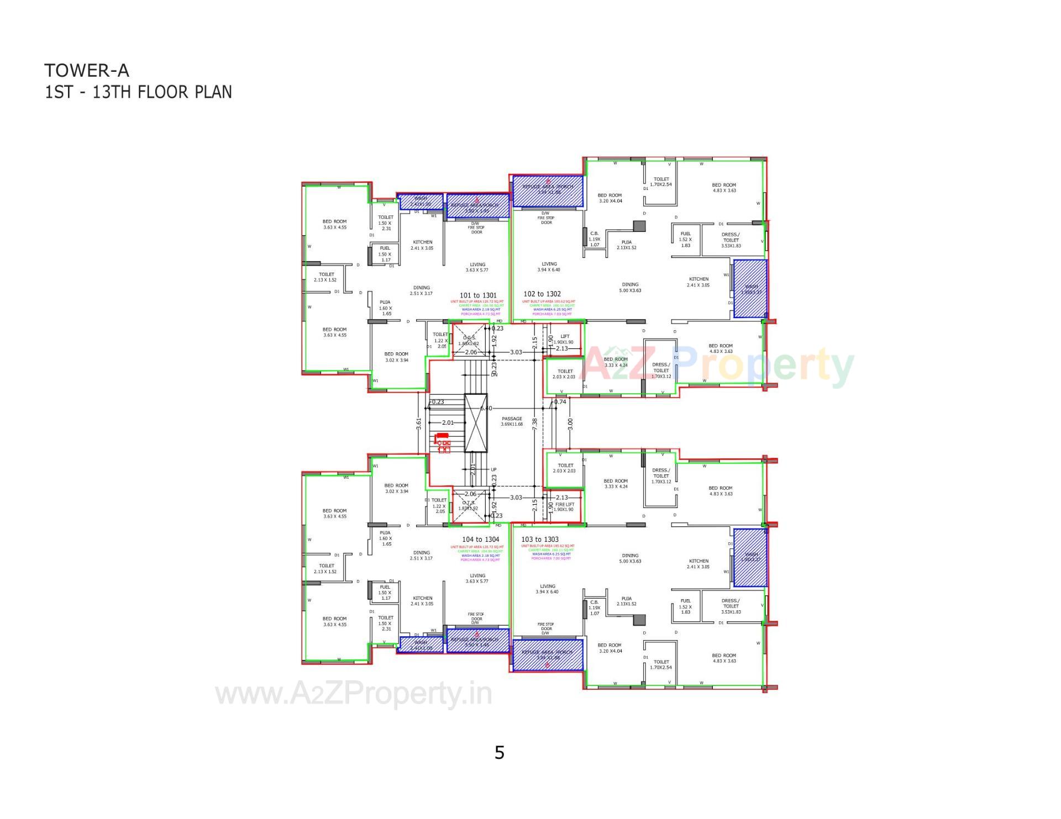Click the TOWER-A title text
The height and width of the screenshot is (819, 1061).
(87, 70)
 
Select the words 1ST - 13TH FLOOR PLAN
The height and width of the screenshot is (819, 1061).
(138, 92)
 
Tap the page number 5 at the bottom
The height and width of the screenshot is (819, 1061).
(500, 753)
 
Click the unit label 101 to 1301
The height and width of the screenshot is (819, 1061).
(478, 295)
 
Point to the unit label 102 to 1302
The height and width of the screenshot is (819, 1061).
(542, 294)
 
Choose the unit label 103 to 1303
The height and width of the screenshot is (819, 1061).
(540, 539)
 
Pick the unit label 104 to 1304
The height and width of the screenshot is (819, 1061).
(480, 539)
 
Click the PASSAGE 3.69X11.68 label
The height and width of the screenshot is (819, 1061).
(512, 421)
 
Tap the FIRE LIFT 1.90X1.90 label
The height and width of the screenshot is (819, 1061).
(564, 506)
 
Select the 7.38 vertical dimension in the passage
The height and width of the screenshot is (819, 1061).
(534, 424)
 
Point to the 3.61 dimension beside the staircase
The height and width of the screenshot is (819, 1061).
(419, 424)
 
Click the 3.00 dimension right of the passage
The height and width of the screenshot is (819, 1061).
(570, 424)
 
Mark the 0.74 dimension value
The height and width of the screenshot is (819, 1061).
(560, 401)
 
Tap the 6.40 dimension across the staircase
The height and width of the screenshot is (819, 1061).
(486, 408)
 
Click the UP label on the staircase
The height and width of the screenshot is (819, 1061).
(493, 469)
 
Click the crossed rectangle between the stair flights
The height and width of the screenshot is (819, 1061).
(476, 422)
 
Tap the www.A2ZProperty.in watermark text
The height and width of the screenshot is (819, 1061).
(354, 694)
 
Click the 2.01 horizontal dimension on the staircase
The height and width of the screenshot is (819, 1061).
(448, 422)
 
